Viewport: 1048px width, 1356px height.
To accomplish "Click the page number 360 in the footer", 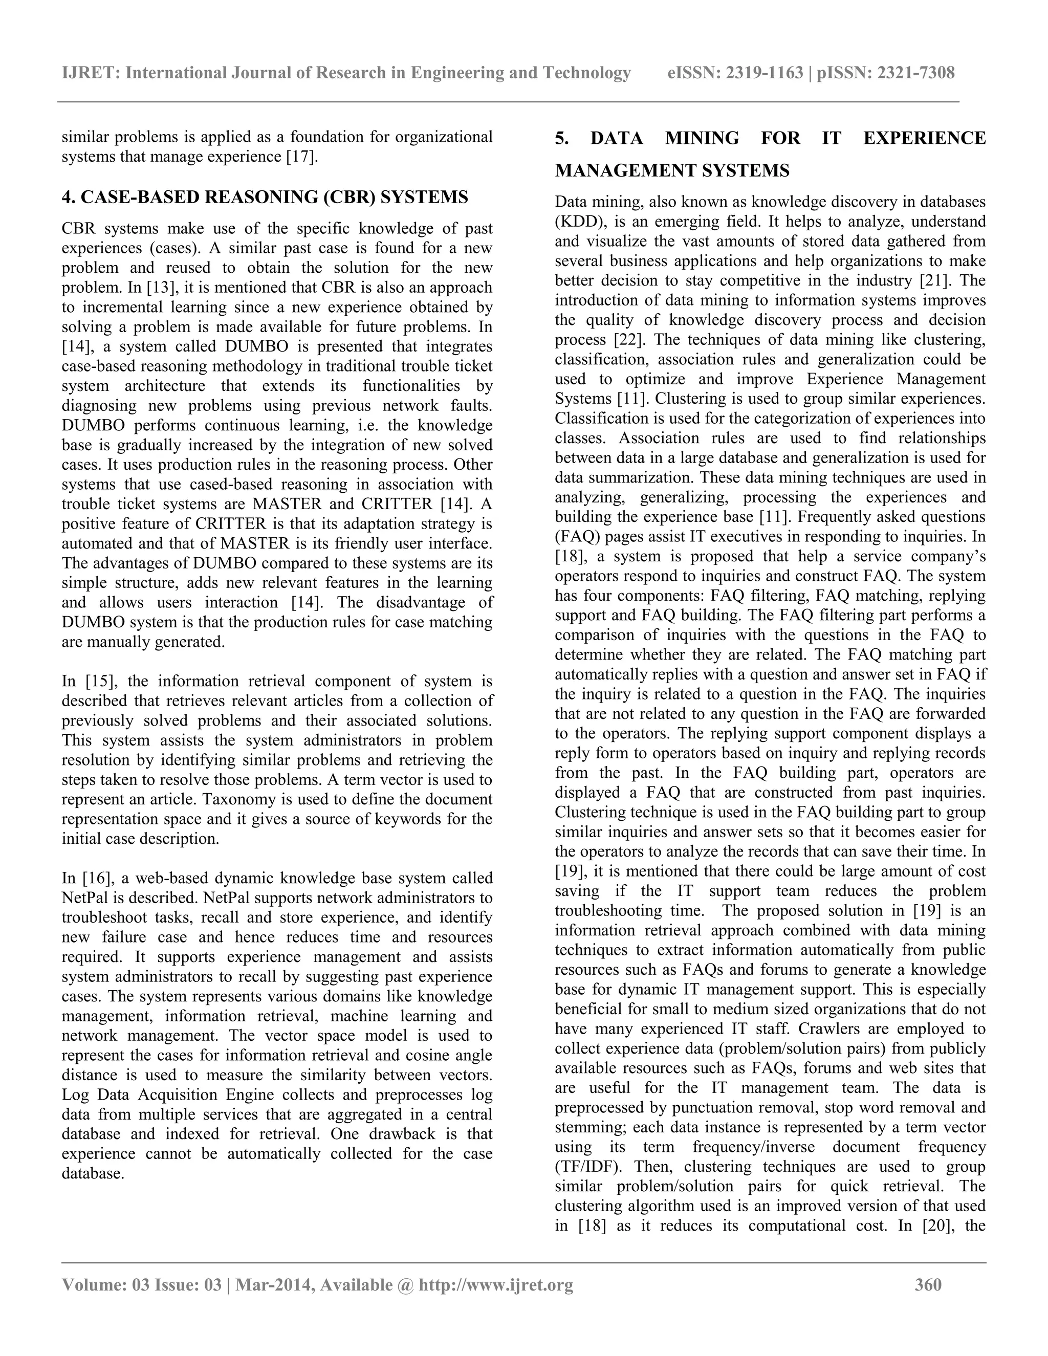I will [x=928, y=1284].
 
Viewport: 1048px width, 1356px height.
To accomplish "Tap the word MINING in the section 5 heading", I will [x=702, y=138].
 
